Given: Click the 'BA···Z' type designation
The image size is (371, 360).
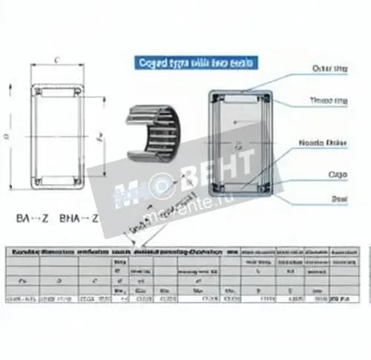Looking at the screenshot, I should [33, 219].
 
